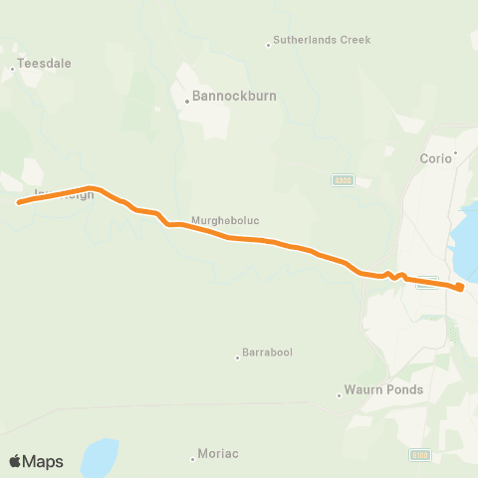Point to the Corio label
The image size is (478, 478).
click(435, 157)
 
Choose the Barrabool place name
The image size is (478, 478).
click(268, 354)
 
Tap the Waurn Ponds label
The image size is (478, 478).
click(383, 389)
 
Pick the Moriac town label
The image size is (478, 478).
click(218, 454)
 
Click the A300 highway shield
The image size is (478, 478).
click(342, 180)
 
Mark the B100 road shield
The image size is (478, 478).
click(419, 455)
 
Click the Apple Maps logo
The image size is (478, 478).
click(36, 461)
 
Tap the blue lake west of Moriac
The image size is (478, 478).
click(99, 459)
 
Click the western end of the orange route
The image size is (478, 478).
click(19, 202)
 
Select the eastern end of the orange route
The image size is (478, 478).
click(461, 289)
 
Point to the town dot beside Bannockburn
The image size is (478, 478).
click(187, 101)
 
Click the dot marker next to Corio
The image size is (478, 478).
click(456, 153)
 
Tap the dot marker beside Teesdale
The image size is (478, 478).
click(12, 69)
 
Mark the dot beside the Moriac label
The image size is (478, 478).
click(192, 458)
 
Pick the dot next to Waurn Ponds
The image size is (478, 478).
click(340, 394)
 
